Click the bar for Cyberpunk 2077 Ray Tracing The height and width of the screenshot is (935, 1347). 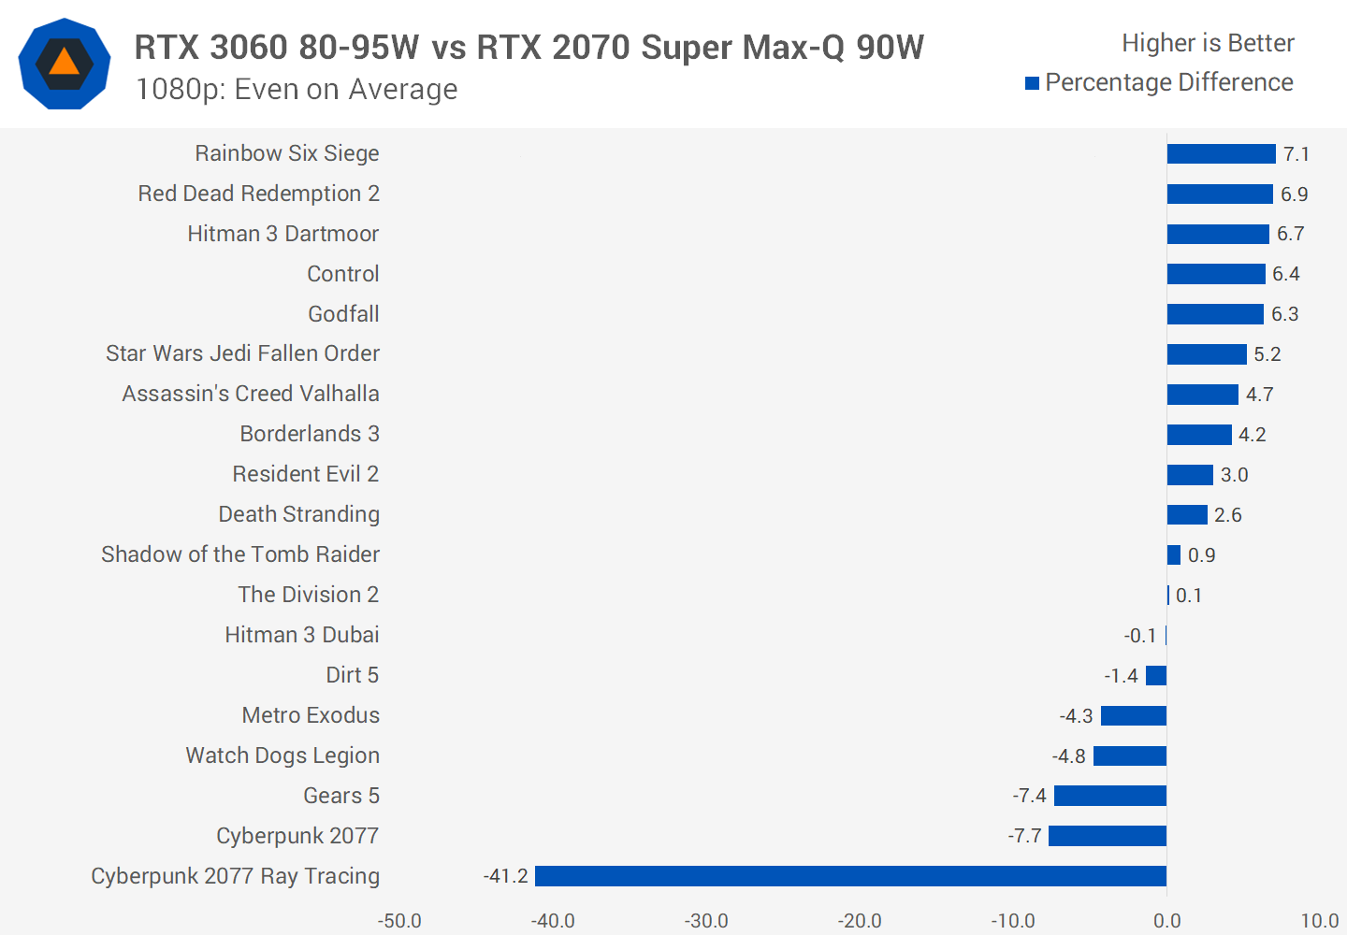(x=850, y=876)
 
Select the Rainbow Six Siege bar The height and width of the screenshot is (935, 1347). (x=1221, y=154)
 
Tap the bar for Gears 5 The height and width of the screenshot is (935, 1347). (x=1110, y=796)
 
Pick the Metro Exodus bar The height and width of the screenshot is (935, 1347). (x=1134, y=716)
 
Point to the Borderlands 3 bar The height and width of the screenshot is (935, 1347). (x=1199, y=435)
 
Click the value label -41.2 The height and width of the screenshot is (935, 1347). (x=506, y=876)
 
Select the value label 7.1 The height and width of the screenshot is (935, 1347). (x=1296, y=154)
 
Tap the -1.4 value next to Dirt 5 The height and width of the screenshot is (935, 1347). (x=1121, y=676)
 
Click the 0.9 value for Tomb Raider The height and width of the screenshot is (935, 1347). (x=1201, y=555)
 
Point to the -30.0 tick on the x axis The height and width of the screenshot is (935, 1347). (x=706, y=921)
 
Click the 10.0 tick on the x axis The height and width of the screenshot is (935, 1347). (x=1319, y=921)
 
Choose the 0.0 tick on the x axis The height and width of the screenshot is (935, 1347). (x=1166, y=921)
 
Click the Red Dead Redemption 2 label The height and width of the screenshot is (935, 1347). (x=258, y=194)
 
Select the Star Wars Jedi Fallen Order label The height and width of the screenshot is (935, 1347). (x=242, y=353)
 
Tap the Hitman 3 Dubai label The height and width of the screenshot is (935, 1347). (x=301, y=635)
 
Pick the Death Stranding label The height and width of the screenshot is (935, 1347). (x=298, y=514)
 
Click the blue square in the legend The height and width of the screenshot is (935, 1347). (x=1033, y=83)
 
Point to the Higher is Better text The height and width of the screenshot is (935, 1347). (x=1208, y=43)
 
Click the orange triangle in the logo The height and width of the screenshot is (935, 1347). (x=65, y=63)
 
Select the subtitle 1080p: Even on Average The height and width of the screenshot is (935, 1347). (x=297, y=89)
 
